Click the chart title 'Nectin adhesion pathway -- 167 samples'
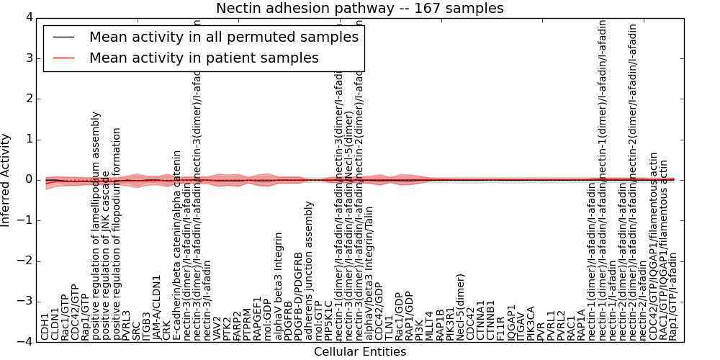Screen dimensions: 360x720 point(360,8)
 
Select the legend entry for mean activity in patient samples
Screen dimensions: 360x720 point(204,58)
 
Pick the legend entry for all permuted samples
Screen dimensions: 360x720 point(223,37)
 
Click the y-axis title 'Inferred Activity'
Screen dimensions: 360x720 point(6,179)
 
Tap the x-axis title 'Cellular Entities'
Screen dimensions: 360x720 point(360,352)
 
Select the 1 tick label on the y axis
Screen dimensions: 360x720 point(27,139)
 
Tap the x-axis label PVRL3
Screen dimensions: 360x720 point(127,325)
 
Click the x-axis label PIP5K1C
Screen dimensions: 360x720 point(329,321)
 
